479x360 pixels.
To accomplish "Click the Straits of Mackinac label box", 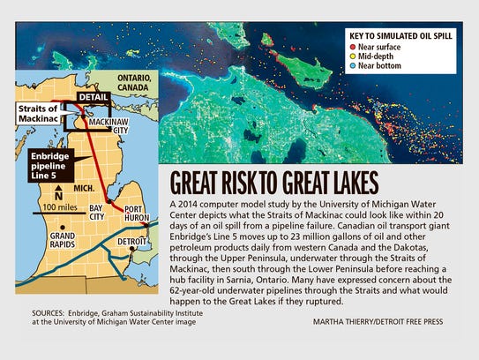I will point(36,113).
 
